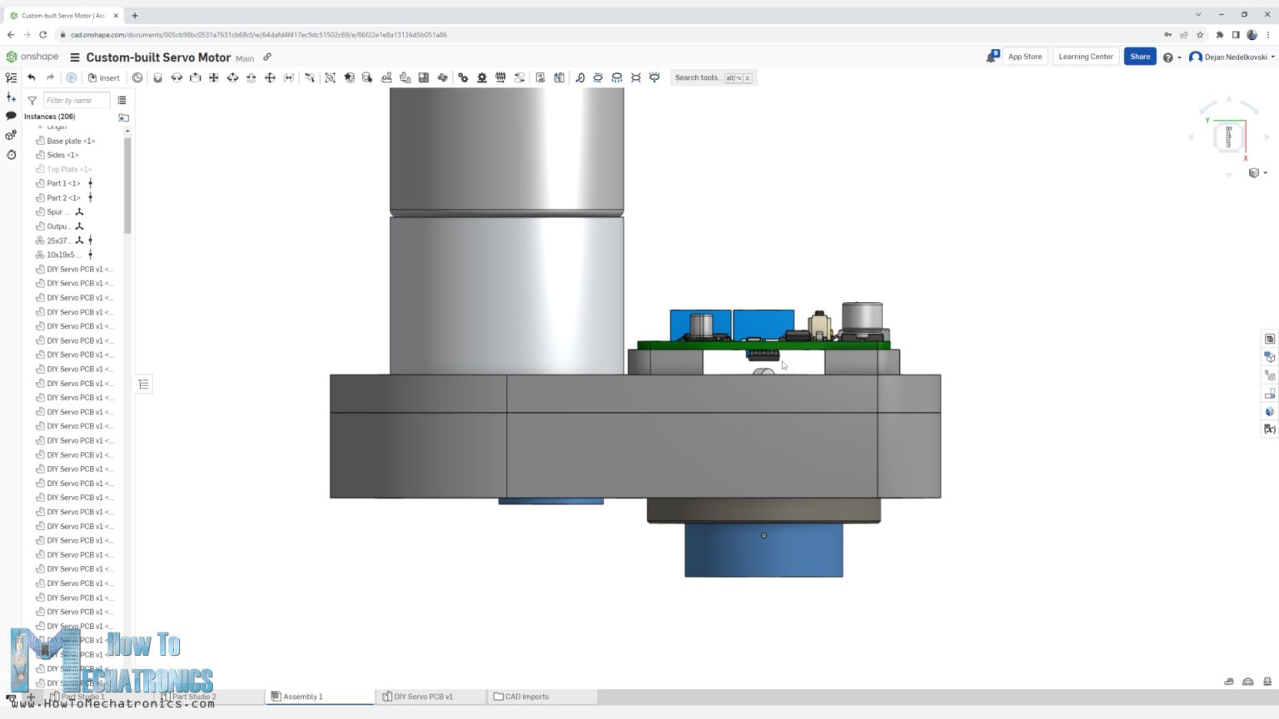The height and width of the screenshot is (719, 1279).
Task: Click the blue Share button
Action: (x=1139, y=57)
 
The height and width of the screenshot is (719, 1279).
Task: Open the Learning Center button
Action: (x=1085, y=57)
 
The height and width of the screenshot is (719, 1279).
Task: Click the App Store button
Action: (x=1024, y=57)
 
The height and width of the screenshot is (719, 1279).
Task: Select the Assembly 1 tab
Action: (x=302, y=697)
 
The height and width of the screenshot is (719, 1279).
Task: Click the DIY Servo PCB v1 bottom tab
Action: (x=423, y=697)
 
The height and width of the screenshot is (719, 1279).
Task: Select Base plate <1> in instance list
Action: (x=71, y=141)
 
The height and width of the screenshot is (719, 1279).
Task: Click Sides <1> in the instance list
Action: (x=62, y=155)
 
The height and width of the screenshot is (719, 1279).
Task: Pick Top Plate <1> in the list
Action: (x=69, y=169)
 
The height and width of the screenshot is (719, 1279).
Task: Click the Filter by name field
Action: (x=76, y=101)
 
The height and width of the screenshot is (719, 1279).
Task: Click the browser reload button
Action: (x=42, y=35)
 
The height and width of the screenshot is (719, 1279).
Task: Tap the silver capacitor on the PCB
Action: (x=862, y=317)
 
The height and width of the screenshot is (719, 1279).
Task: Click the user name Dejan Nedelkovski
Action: (x=1235, y=57)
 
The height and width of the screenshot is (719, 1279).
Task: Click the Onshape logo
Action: (x=32, y=57)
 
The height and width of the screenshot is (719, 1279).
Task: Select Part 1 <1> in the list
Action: (x=63, y=183)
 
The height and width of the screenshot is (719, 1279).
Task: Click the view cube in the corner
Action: (x=1228, y=136)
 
